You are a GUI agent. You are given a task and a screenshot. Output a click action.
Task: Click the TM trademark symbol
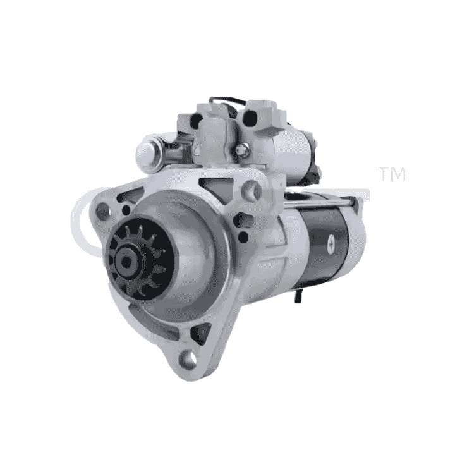click(391, 175)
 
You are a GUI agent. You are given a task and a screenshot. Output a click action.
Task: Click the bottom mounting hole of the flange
click(188, 360)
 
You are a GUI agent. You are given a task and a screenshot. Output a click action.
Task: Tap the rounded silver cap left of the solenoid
click(147, 152)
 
